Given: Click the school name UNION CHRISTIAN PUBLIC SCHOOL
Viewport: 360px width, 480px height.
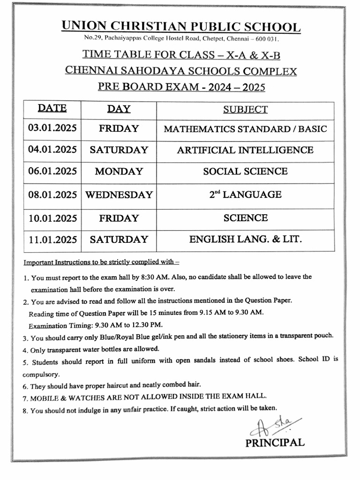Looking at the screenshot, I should (x=181, y=27).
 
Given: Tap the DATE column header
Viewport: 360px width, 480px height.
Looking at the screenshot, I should (x=52, y=108).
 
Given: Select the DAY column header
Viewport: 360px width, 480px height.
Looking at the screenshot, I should (x=119, y=109).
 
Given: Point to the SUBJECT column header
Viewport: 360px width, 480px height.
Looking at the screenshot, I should (x=245, y=110).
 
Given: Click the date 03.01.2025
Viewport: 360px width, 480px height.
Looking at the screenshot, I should (x=52, y=128).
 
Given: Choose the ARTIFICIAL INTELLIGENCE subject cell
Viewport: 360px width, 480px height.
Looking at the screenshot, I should (x=245, y=150).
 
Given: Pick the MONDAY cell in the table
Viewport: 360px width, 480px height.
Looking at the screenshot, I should (x=119, y=172).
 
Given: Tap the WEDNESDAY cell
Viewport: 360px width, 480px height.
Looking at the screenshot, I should (x=119, y=195).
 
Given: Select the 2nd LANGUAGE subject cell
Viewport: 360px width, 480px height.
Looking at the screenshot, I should (x=245, y=194).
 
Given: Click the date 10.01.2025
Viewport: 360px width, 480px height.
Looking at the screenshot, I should (x=52, y=218).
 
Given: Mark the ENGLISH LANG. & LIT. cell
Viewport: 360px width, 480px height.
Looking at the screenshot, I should (x=245, y=240).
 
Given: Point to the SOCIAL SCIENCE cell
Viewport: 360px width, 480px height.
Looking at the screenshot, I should (x=245, y=172).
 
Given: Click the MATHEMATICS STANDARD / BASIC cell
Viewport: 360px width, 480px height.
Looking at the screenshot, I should (x=245, y=129).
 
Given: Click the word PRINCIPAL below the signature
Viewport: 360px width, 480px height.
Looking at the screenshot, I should (x=275, y=442).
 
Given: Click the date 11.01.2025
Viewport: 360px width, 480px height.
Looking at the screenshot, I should (x=52, y=240).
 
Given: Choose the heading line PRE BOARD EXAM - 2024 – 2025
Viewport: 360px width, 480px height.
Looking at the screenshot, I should (x=181, y=87).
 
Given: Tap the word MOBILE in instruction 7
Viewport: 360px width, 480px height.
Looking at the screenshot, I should (x=46, y=397).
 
